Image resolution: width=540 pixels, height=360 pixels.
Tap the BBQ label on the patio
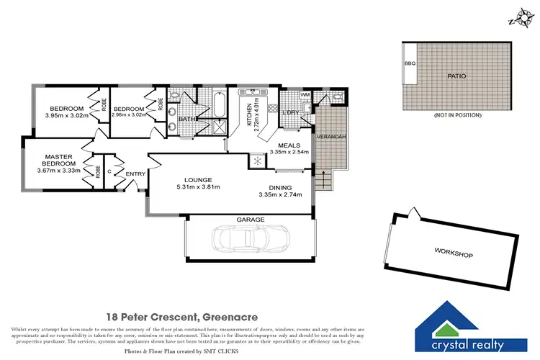coord(410,64)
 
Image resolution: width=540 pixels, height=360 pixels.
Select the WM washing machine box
coord(305,95)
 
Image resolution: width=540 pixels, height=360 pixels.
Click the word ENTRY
coord(135,174)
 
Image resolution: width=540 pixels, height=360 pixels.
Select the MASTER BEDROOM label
coord(60,160)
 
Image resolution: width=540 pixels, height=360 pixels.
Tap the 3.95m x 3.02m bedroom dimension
coord(66,115)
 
